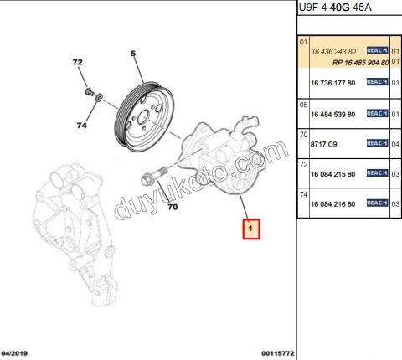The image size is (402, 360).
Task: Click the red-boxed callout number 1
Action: pos(251,229)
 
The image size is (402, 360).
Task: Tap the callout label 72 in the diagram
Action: pos(77,62)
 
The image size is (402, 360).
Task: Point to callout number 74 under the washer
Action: pos(81,126)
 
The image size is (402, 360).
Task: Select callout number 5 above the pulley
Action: pos(133,54)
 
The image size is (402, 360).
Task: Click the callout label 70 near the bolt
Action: pos(173,207)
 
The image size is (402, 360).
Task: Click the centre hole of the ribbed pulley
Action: pos(144,117)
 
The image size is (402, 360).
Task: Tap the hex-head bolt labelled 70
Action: pos(154,175)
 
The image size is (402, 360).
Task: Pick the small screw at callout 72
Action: pos(89,91)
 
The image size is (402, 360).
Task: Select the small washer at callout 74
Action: pos(99,98)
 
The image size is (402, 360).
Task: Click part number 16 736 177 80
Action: pos(332,83)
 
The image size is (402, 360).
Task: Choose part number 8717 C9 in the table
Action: pos(323,144)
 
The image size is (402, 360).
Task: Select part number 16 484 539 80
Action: pos(332,115)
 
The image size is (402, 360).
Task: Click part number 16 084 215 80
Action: pos(332,174)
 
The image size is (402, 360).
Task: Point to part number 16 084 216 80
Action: pos(332,204)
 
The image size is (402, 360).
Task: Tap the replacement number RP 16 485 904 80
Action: pos(361,63)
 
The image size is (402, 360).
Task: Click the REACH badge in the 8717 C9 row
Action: pos(378,143)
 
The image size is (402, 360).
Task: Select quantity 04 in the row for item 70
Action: pos(395,144)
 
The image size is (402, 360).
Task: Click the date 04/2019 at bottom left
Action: pos(14,353)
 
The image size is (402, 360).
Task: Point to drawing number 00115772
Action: pos(278,353)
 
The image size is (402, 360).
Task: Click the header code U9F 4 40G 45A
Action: pos(335,8)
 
